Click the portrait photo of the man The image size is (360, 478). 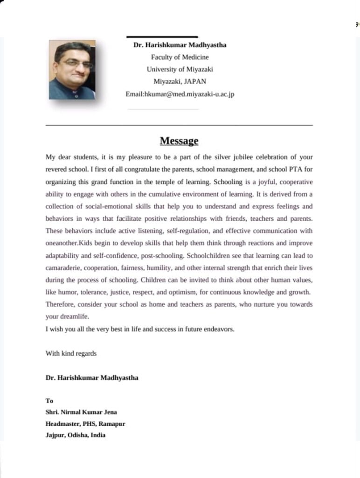pos(72,70)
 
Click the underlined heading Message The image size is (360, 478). pos(179,141)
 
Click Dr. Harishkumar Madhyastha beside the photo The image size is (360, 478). pos(180,45)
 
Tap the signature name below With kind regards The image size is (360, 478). pos(91,378)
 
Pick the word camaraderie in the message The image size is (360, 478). pos(63,267)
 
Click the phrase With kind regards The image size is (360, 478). pos(71,353)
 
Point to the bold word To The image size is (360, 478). pos(49,401)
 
